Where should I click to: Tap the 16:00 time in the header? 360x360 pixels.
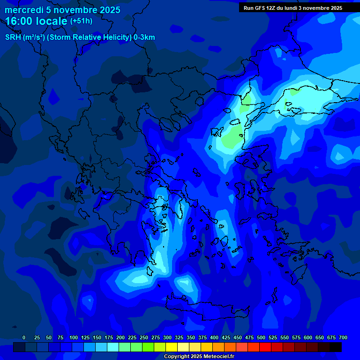pyautogui.click(x=19, y=21)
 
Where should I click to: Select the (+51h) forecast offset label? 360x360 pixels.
pyautogui.click(x=81, y=21)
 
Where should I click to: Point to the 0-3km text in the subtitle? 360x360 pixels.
pyautogui.click(x=144, y=37)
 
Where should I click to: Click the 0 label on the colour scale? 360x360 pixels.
pyautogui.click(x=24, y=338)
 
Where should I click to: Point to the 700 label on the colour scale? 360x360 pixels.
pyautogui.click(x=343, y=338)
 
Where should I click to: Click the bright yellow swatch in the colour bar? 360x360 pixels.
pyautogui.click(x=172, y=347)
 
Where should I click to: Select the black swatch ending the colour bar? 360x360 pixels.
pyautogui.click(x=336, y=347)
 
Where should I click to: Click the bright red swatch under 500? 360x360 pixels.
pyautogui.click(x=265, y=347)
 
